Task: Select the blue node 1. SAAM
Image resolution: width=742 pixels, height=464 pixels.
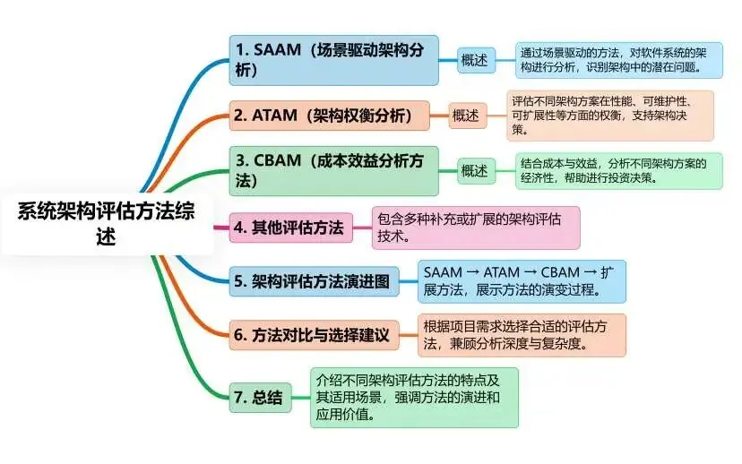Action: point(333,60)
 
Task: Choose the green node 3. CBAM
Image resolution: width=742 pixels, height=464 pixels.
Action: point(333,171)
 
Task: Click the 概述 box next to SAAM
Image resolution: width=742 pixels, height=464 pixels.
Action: point(475,60)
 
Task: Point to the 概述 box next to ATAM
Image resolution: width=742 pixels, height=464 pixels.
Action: point(465,116)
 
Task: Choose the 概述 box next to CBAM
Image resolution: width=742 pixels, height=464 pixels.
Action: point(475,171)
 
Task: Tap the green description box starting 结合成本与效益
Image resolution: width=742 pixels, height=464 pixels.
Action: point(619,171)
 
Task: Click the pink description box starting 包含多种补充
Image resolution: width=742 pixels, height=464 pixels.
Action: point(476,228)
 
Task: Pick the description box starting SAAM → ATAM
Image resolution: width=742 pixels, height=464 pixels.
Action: point(522,281)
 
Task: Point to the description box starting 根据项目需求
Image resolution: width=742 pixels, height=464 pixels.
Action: point(522,335)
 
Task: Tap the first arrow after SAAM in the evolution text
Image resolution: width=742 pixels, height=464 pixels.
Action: point(471,271)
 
